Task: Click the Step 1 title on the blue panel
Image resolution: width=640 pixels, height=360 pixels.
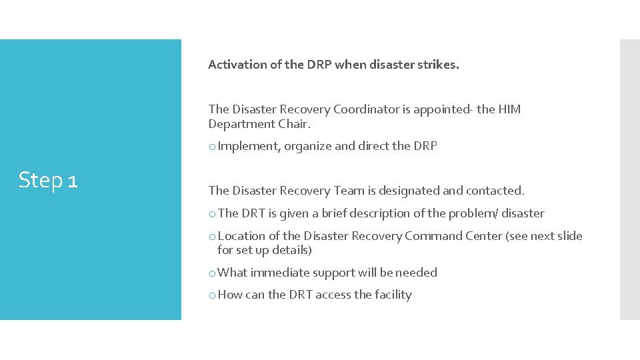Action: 48,180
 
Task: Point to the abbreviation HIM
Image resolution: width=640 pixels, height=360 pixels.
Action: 509,109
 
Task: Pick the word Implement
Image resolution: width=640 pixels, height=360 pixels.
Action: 249,146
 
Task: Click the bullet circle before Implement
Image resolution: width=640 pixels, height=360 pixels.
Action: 212,147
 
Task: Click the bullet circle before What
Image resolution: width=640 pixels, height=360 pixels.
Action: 212,273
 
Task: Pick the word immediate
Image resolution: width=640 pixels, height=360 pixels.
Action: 279,273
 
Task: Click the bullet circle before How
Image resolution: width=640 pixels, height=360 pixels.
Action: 212,295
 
